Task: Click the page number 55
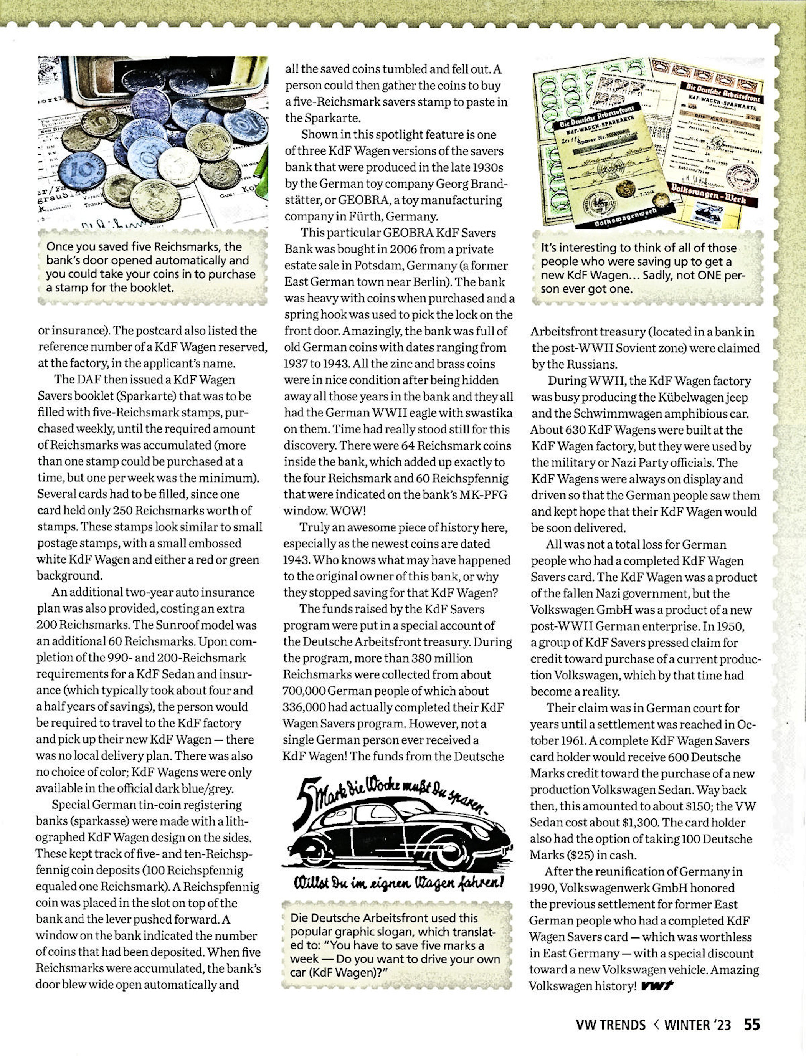pyautogui.click(x=752, y=1021)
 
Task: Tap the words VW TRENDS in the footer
pyautogui.click(x=610, y=1021)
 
